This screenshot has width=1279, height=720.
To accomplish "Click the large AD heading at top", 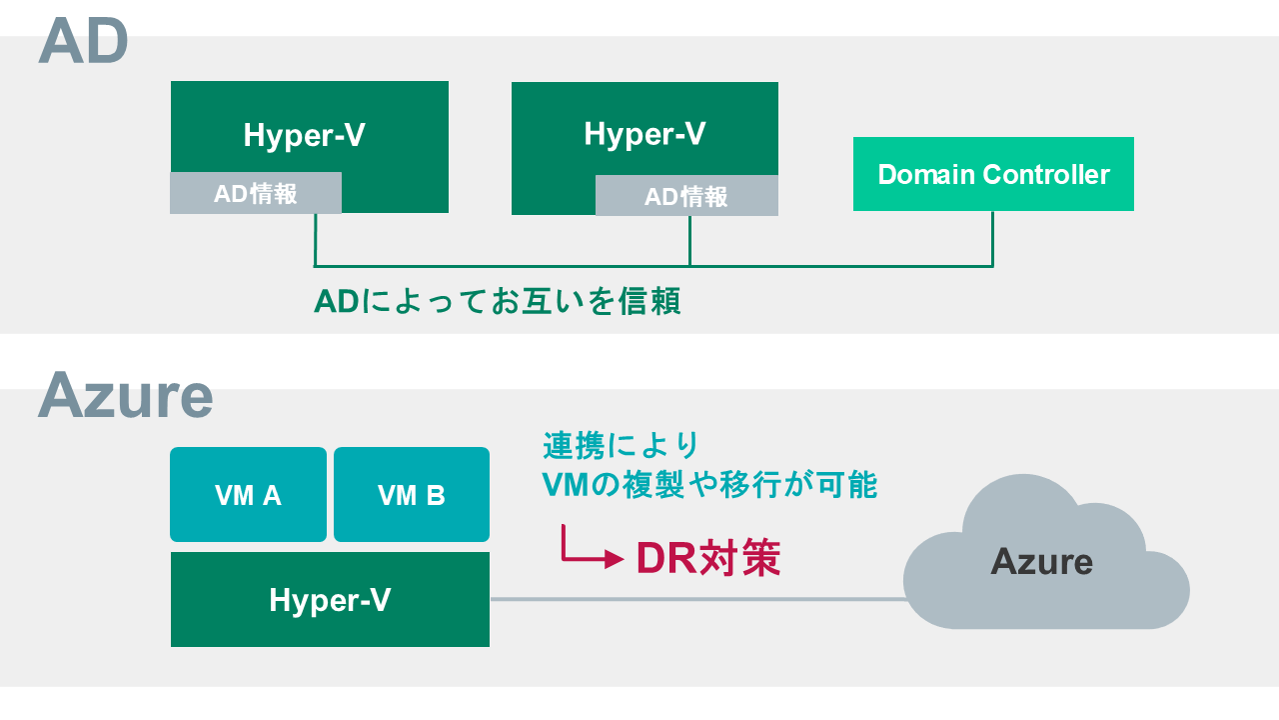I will point(84,42).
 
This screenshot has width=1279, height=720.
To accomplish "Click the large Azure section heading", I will point(126,395).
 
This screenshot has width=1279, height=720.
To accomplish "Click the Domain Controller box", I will point(993,174).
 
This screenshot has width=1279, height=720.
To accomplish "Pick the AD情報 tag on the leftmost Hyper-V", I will point(256,193).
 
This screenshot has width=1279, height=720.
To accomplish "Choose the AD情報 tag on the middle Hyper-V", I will point(686,196).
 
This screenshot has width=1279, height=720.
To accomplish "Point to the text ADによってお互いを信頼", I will point(498,300).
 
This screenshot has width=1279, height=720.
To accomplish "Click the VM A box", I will point(248,494).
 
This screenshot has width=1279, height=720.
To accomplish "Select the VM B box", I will point(412,494).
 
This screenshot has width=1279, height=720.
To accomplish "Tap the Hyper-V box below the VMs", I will point(330,600).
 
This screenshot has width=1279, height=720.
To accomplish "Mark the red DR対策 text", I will point(707,558).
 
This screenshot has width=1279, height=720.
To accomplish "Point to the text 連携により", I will point(621,444).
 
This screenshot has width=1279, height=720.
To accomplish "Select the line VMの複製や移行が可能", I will point(708,485).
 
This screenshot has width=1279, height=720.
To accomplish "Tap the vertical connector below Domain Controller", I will point(992,238).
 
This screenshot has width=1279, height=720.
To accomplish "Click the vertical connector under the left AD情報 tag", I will point(316,240).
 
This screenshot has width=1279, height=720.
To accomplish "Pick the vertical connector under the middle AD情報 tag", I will point(689,240).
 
